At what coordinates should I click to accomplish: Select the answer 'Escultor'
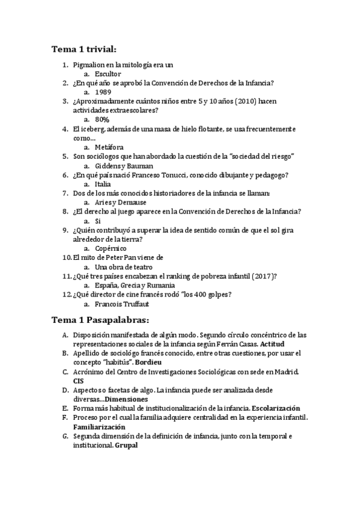click(108, 74)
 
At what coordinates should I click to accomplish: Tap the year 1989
click(103, 93)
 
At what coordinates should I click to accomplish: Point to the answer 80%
click(102, 120)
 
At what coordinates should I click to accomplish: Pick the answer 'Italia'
click(103, 184)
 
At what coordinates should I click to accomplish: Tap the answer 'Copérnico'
click(111, 248)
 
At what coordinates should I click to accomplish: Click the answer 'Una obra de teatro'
click(124, 266)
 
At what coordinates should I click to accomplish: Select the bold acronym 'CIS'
click(79, 381)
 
